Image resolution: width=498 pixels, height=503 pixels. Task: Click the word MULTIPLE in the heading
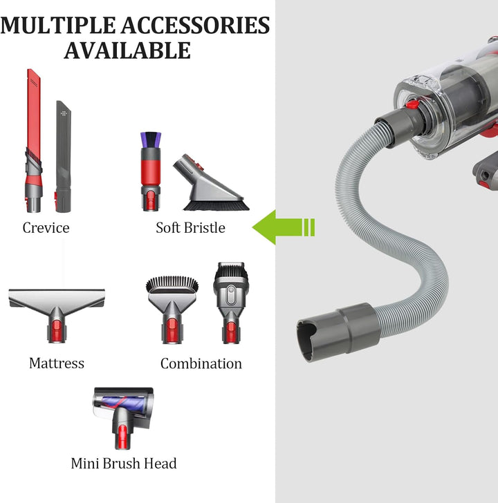58,26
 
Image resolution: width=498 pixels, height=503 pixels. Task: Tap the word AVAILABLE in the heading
127,50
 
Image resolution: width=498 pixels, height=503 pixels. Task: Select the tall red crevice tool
34,140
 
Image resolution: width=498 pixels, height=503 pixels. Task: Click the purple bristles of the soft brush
151,140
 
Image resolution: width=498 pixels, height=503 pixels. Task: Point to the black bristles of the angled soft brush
216,205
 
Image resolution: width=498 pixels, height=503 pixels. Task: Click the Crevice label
46,228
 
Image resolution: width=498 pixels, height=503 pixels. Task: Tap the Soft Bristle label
190,228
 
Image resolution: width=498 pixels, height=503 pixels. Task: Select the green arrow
283,227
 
